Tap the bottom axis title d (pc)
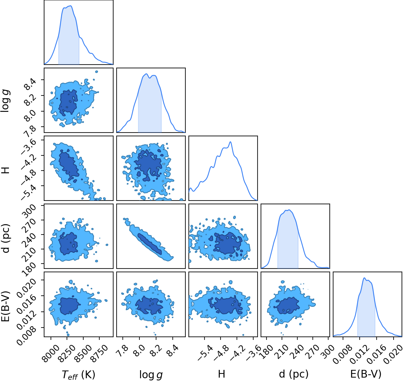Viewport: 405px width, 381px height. (x=294, y=374)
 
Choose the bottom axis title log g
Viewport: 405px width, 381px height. (x=151, y=375)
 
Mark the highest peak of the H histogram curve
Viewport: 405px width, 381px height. (x=230, y=142)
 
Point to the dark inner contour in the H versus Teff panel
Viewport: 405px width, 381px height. (x=68, y=166)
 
